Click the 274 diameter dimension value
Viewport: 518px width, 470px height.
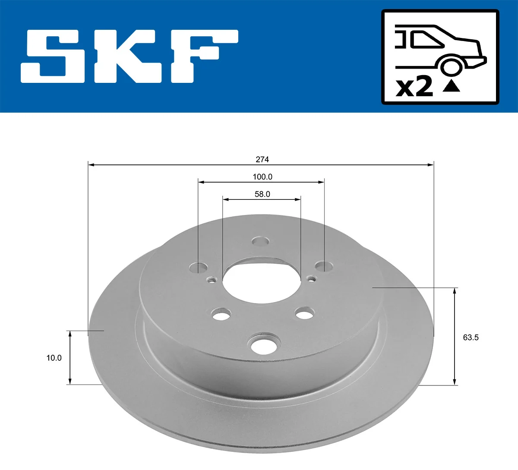point(262,159)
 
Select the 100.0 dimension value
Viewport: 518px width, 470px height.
point(262,177)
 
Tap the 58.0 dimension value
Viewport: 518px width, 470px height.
point(262,194)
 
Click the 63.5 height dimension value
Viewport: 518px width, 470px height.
point(471,338)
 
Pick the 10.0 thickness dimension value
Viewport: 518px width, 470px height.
point(54,358)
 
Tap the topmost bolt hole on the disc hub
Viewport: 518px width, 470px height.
point(260,241)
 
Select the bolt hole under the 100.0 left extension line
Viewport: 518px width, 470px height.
point(198,268)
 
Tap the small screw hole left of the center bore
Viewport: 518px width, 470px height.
point(212,280)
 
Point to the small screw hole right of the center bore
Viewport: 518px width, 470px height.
point(311,278)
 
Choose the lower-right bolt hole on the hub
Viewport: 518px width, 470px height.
point(305,313)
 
